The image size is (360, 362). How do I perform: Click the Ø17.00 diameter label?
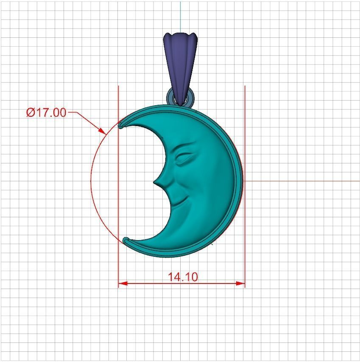click(46, 112)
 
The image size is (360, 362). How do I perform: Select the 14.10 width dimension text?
click(183, 277)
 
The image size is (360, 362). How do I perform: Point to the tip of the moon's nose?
click(155, 183)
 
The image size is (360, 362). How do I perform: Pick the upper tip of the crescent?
click(120, 125)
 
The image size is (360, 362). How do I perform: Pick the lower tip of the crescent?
click(125, 240)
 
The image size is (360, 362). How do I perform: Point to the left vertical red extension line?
click(118, 263)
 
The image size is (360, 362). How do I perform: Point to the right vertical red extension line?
click(245, 263)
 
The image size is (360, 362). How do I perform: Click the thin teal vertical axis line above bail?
click(181, 15)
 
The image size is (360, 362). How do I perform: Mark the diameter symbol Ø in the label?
click(30, 112)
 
